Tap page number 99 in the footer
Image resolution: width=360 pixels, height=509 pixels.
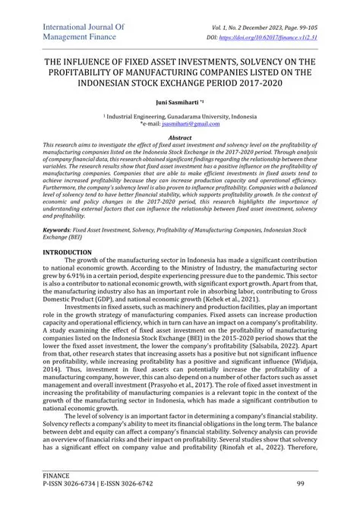(300, 484)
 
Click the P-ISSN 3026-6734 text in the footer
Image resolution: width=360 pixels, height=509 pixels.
(77, 484)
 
